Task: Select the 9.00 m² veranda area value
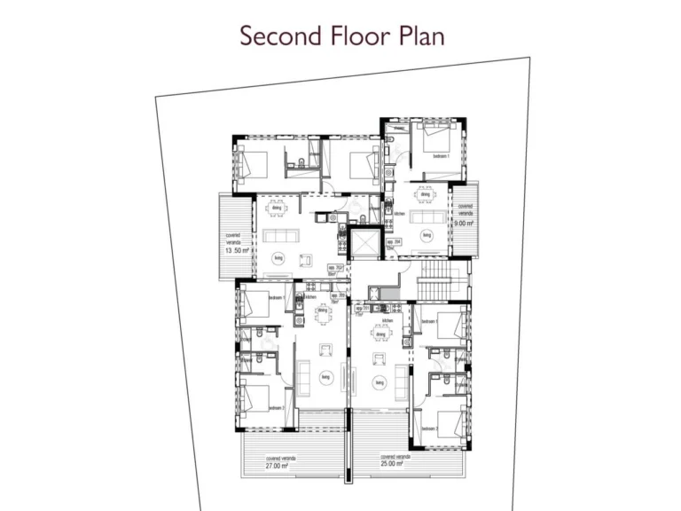(464, 224)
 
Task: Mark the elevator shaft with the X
(364, 242)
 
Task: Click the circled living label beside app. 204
(427, 235)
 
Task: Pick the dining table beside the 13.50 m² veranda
(278, 208)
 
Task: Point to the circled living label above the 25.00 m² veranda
(379, 382)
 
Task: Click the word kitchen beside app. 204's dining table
(399, 213)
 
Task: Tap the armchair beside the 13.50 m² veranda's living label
(304, 260)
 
